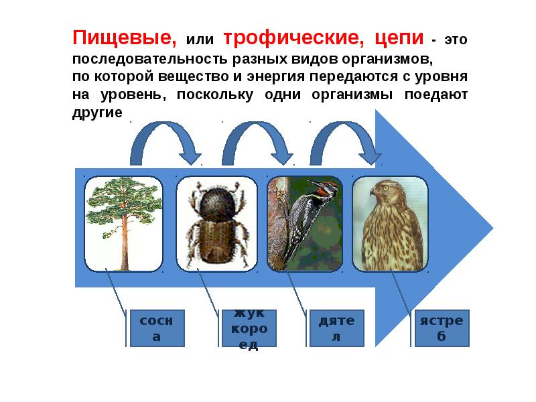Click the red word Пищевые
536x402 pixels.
[x=125, y=38]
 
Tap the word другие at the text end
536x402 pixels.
[x=97, y=113]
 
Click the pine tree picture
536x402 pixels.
[x=123, y=223]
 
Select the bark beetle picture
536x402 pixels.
[x=215, y=224]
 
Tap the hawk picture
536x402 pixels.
[x=390, y=224]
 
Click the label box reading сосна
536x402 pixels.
[x=157, y=328]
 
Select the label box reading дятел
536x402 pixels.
[x=336, y=328]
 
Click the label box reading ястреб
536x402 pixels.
[x=442, y=328]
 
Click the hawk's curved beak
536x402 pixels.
[x=373, y=192]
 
